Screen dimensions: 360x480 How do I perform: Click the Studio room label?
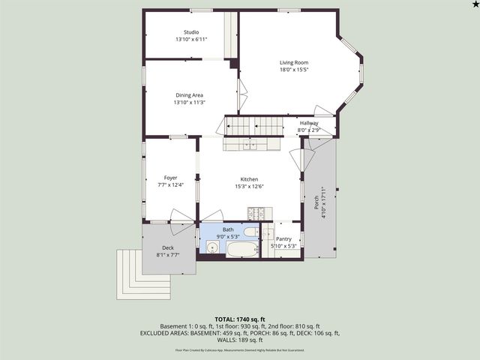click(x=191, y=32)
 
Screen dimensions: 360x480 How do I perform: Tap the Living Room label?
click(x=294, y=62)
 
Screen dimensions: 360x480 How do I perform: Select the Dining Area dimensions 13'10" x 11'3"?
click(x=189, y=103)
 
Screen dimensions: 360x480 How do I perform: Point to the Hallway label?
click(x=309, y=123)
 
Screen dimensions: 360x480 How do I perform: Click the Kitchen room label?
click(x=249, y=179)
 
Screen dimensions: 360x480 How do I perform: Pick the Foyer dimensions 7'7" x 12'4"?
click(x=170, y=184)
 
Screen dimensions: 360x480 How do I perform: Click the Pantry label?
click(x=283, y=239)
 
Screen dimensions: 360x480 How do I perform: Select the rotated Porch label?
click(x=316, y=202)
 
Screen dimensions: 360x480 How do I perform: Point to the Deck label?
click(x=168, y=248)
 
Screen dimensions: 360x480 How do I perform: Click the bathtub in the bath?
click(x=242, y=250)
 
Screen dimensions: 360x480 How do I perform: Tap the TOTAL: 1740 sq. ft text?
click(x=239, y=319)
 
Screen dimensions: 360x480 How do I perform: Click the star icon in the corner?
click(x=473, y=5)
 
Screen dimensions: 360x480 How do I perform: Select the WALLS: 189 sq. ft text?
click(x=240, y=340)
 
